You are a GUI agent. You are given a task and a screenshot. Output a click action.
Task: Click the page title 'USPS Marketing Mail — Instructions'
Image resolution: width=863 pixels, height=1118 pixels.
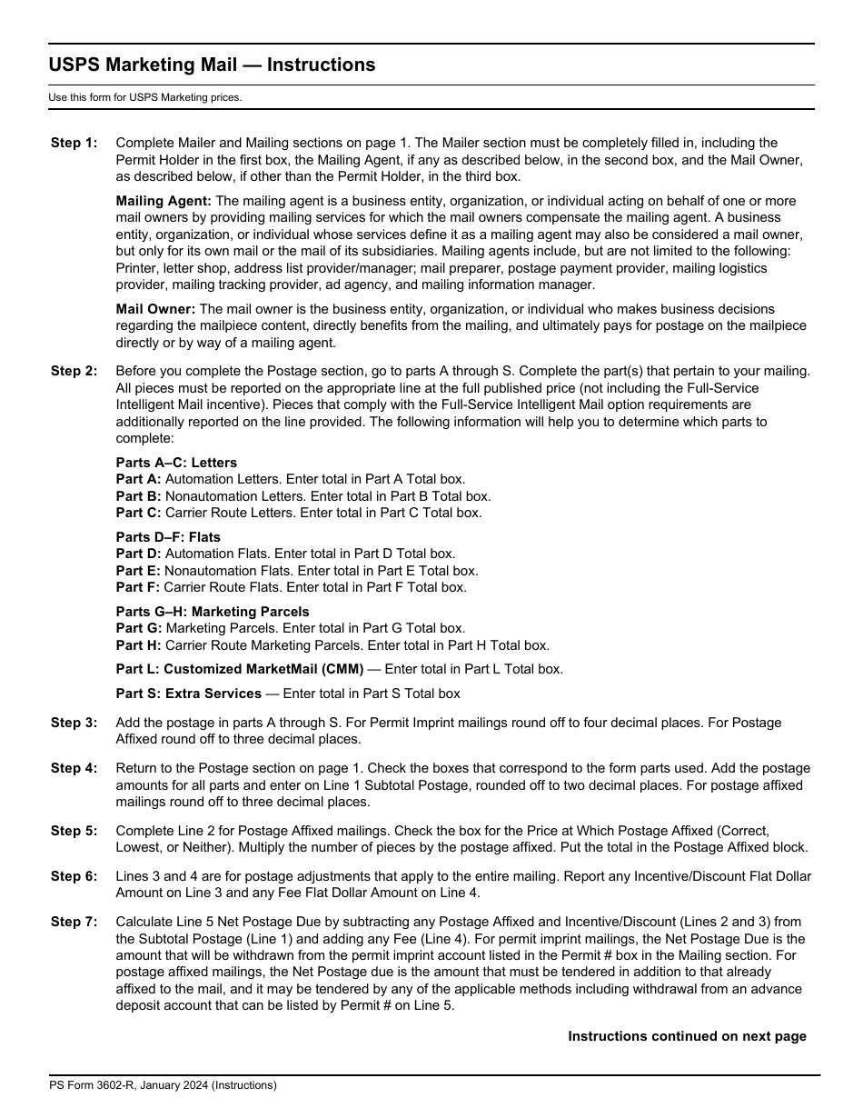tap(212, 65)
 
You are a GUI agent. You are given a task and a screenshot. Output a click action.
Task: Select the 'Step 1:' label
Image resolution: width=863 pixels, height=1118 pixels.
tap(74, 143)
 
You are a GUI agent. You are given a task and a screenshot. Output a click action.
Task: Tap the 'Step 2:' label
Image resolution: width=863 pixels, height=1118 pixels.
tap(74, 371)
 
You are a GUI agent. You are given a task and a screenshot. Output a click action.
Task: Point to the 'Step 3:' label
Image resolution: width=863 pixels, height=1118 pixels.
tap(74, 723)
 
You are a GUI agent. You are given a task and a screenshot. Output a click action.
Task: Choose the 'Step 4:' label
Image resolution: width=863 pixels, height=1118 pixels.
tap(74, 768)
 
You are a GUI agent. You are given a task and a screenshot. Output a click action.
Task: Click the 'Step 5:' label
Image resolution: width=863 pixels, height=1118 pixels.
tap(74, 831)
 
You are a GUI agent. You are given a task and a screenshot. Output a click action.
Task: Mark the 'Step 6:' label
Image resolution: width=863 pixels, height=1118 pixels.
tap(74, 876)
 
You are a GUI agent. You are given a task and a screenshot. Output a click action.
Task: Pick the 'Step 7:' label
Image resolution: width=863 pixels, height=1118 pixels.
tap(74, 922)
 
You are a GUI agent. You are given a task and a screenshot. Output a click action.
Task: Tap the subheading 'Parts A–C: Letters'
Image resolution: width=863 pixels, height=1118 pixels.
tap(176, 463)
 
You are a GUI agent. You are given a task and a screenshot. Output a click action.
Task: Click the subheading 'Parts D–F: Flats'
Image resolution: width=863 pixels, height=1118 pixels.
tap(168, 537)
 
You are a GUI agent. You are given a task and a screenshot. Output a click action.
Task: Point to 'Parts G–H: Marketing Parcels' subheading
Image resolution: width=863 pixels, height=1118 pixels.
tap(213, 612)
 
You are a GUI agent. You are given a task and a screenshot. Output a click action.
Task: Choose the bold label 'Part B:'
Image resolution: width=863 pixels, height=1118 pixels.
tap(139, 496)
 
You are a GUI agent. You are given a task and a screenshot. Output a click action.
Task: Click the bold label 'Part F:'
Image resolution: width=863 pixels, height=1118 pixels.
tap(138, 587)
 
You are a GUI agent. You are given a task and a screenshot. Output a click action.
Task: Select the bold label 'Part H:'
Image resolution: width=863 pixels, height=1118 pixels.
tap(139, 645)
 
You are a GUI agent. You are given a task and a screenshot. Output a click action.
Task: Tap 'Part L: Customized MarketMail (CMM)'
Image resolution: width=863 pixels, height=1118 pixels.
tap(240, 669)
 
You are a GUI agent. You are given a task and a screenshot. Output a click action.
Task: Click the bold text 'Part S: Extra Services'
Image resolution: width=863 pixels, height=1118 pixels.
tap(189, 694)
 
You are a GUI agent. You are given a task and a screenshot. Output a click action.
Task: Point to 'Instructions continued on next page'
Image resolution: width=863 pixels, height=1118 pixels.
tap(687, 1036)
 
